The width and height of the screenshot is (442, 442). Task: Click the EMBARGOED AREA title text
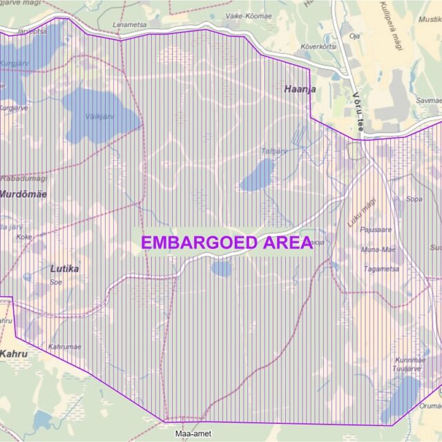tap(227, 243)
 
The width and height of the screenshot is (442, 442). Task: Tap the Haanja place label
tap(299, 89)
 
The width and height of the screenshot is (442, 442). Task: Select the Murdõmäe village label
tap(23, 194)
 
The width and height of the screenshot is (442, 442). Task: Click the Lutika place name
tap(64, 269)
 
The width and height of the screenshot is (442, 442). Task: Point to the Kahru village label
tap(14, 354)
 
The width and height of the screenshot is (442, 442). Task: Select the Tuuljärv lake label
tap(407, 369)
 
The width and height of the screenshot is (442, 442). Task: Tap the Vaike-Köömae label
tap(249, 15)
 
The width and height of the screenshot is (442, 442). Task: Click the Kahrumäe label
tap(65, 347)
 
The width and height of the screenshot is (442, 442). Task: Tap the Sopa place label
tap(414, 200)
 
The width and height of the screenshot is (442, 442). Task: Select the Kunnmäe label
tap(410, 361)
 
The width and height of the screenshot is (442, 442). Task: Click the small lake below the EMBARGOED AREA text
tap(221, 269)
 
